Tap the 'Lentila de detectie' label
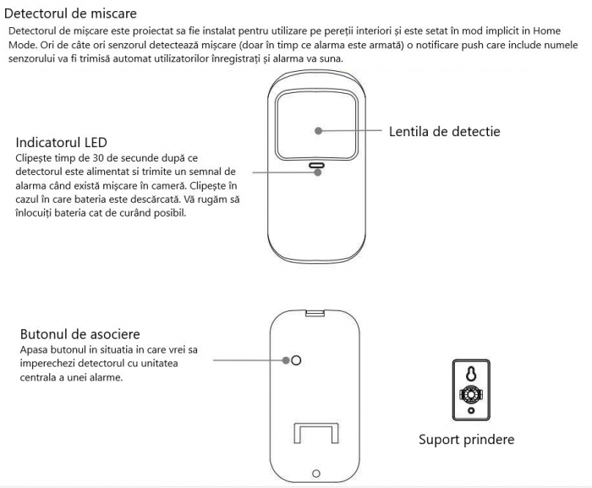point(444,132)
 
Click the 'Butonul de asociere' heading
point(79,334)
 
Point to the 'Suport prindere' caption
point(466,440)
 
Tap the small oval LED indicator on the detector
point(316,166)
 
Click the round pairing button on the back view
point(295,360)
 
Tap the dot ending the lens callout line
point(319,131)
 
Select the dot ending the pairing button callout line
point(284,360)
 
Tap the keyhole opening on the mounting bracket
point(469,372)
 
